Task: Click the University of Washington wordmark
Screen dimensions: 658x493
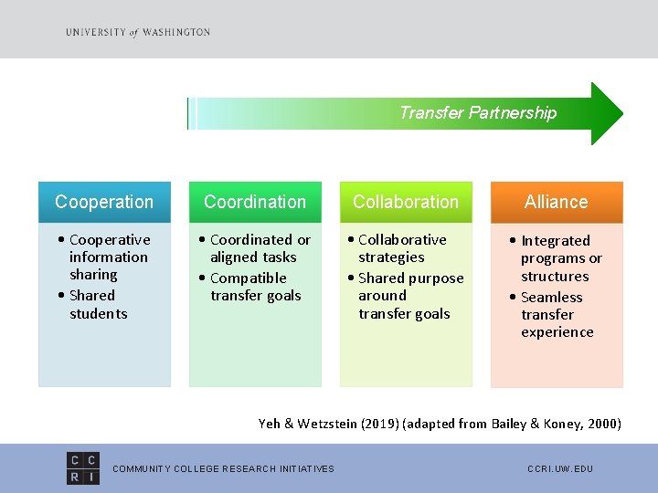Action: coord(138,32)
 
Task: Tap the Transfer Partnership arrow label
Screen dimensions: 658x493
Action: coord(477,113)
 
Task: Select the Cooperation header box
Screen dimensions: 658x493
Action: coord(104,202)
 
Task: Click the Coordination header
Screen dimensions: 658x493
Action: coord(255,202)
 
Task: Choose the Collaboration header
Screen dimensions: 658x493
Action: coord(406,202)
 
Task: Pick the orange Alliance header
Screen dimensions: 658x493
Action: coord(557,202)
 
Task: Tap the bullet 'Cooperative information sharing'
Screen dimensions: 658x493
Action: coord(105,257)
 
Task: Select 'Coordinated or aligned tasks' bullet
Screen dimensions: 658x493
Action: coord(257,248)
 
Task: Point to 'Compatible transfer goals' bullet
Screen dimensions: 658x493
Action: coord(250,287)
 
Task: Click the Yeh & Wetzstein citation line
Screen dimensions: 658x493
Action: coord(440,424)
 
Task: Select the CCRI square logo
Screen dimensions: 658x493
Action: coord(84,467)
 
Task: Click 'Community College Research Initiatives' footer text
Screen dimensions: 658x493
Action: coord(223,469)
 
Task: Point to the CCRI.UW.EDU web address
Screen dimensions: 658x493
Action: coord(560,469)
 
